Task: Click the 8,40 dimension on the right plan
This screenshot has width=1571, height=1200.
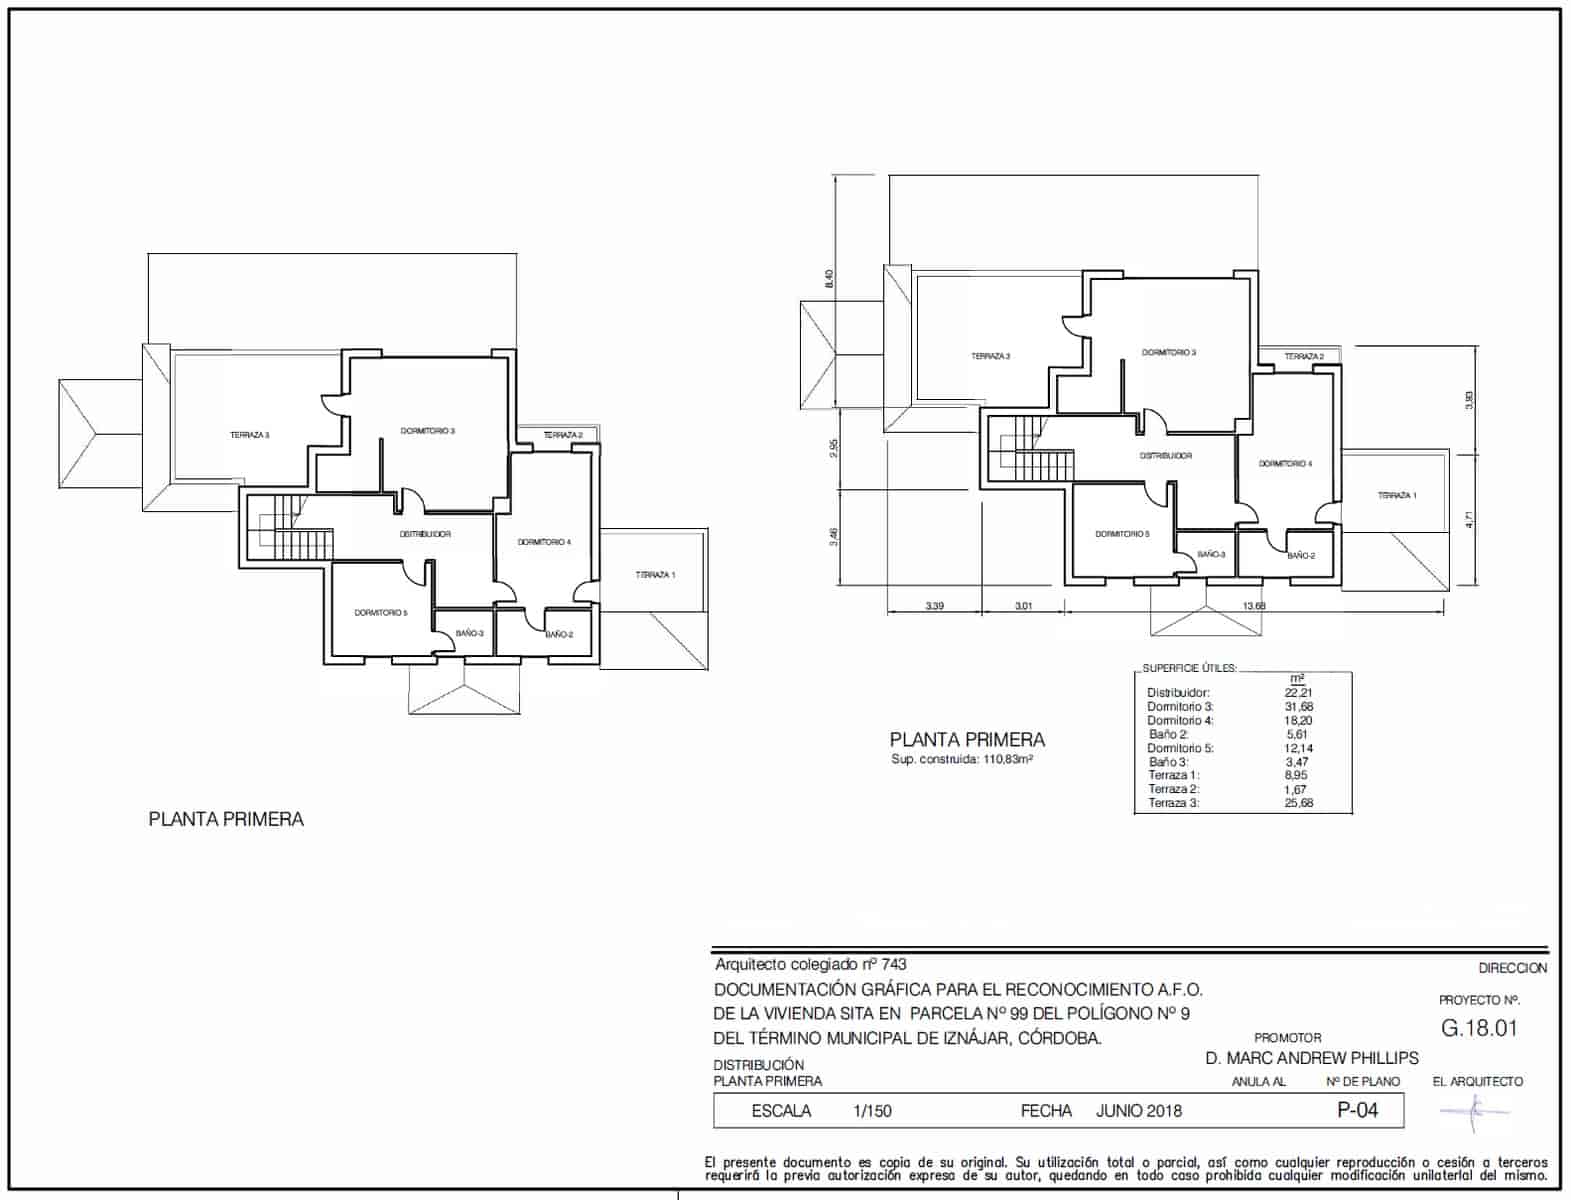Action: tap(828, 279)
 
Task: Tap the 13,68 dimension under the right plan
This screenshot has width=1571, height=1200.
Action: tap(1254, 606)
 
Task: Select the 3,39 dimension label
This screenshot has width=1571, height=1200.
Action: tap(936, 606)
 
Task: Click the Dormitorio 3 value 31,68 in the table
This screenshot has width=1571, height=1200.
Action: tap(1299, 707)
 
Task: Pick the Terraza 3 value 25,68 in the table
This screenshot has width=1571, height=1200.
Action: tap(1299, 803)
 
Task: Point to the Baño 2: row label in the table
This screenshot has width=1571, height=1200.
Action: tap(1169, 734)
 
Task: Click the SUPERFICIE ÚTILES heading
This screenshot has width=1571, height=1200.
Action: tap(1189, 668)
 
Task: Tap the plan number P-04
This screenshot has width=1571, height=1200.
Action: tap(1357, 1110)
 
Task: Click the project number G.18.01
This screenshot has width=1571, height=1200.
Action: tap(1479, 1028)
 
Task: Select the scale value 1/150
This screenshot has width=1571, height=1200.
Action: tap(872, 1111)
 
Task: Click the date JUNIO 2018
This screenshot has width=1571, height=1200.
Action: tap(1138, 1111)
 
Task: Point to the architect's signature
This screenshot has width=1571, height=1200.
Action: tap(1474, 1109)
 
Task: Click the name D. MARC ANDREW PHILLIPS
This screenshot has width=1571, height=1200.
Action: tap(1311, 1058)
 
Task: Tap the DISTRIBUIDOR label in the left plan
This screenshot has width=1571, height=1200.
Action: tap(425, 534)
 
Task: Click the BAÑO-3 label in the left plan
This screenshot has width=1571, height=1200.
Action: tap(469, 633)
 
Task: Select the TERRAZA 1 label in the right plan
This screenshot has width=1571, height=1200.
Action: tap(1396, 496)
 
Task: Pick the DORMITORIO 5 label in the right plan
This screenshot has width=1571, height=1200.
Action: tap(1122, 534)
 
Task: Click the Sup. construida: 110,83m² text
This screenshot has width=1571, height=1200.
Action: tap(961, 760)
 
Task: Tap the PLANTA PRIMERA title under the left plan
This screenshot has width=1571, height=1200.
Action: tap(226, 819)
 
